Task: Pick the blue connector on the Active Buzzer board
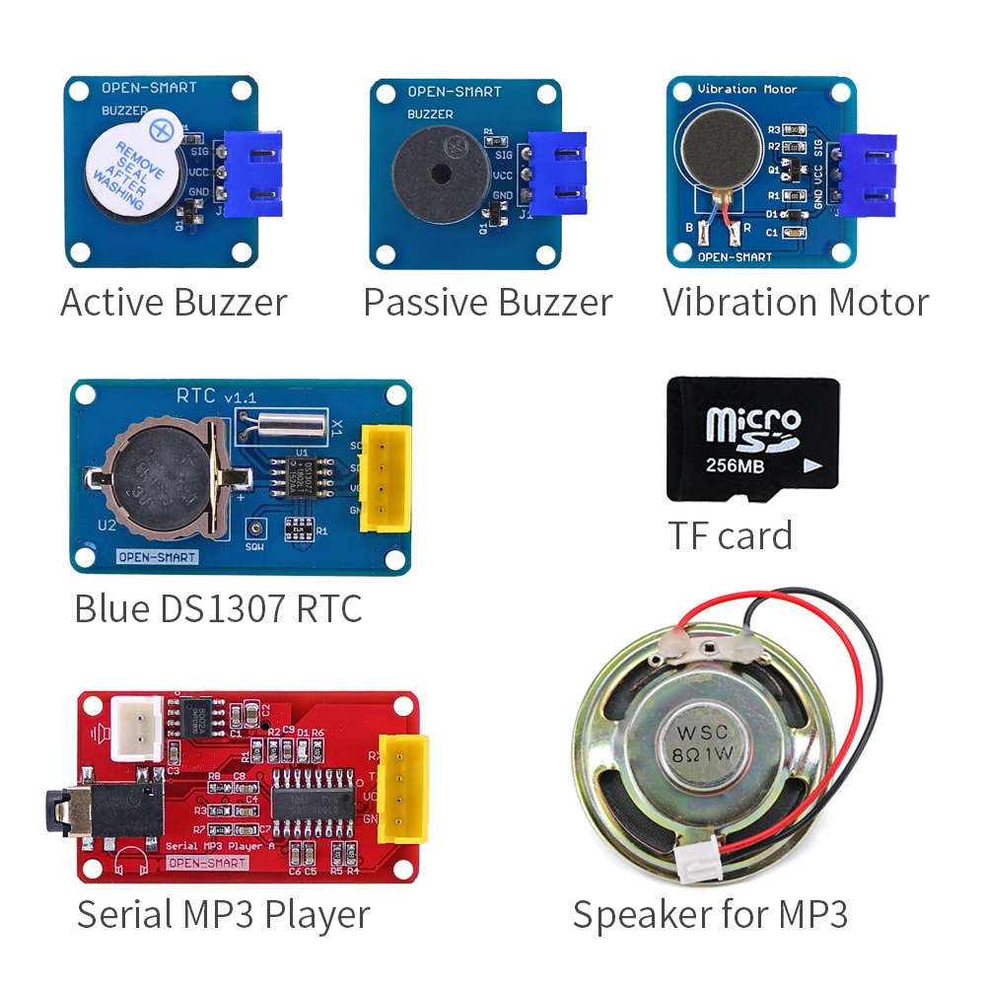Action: click(253, 174)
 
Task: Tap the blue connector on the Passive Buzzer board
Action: click(557, 174)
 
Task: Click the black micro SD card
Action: click(753, 439)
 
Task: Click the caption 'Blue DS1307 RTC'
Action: click(218, 608)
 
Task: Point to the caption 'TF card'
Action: click(731, 535)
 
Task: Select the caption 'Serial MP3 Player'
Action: click(223, 914)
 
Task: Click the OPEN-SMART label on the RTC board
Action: click(158, 557)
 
